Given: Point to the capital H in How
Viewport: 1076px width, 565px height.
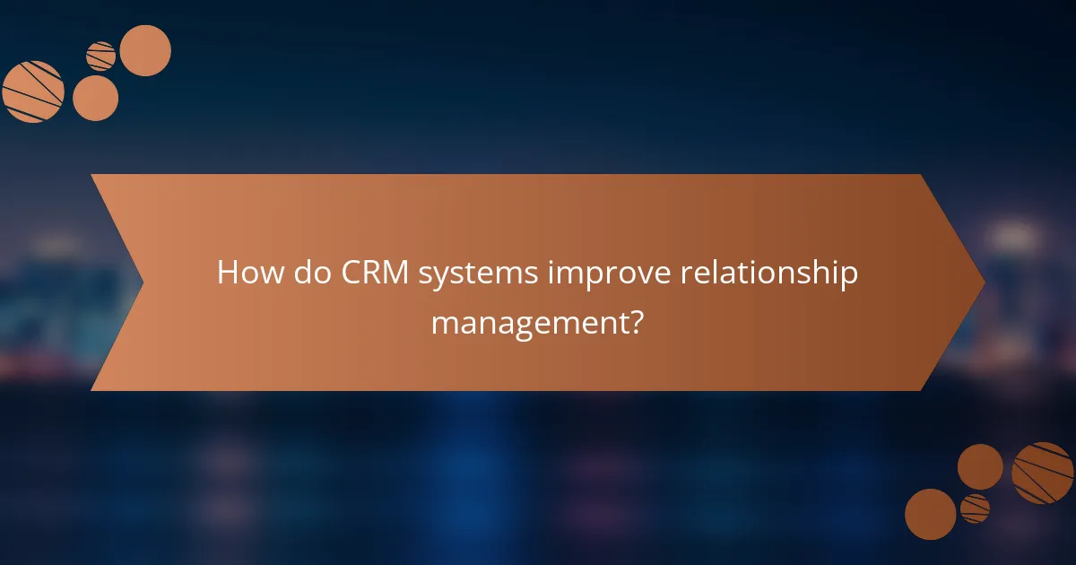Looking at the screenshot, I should [x=227, y=273].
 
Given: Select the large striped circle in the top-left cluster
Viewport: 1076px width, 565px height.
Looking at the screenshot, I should [x=33, y=91].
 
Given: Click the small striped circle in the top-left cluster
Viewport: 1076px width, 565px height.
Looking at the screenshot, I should [x=101, y=56].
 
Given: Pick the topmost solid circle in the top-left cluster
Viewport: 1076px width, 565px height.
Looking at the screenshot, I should [x=145, y=50].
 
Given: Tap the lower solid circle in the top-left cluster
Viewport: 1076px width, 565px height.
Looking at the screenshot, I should [x=95, y=98].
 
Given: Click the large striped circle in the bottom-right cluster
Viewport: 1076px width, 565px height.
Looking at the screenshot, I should [x=1043, y=473].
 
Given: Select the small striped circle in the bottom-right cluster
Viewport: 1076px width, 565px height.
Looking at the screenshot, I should [x=975, y=508].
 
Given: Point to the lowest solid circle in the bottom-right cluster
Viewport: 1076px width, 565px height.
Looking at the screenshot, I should [x=930, y=514].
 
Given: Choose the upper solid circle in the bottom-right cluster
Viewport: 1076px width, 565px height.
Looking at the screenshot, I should [x=980, y=466].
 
